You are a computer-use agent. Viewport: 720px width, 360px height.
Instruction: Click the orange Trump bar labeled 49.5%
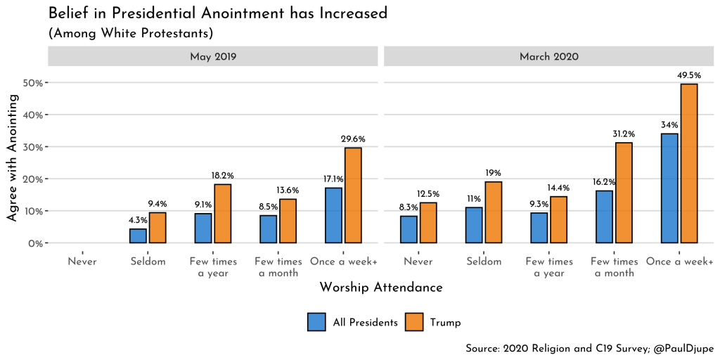(688, 164)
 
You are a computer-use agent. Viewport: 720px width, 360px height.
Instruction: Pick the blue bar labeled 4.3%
(138, 236)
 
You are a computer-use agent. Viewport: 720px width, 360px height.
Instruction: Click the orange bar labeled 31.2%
(624, 193)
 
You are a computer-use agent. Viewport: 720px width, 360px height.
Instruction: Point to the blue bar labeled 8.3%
(409, 230)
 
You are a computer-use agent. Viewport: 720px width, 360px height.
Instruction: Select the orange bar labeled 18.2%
(222, 214)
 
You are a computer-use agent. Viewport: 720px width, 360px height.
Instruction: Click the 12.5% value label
(428, 195)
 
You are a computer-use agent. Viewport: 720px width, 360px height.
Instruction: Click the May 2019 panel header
(213, 56)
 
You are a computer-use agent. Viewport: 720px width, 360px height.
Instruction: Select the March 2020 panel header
(548, 56)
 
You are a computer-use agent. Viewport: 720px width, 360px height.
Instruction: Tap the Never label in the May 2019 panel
(82, 262)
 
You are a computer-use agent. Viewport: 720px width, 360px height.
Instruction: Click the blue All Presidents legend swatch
(316, 322)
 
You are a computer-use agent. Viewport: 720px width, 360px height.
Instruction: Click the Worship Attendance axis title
(380, 288)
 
